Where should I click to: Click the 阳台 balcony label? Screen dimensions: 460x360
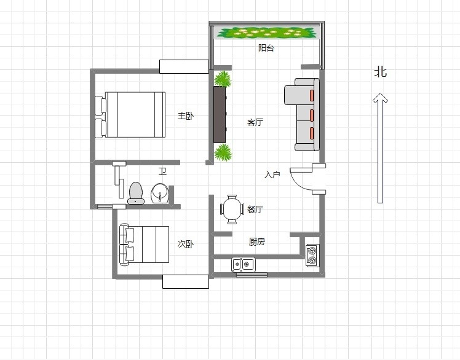click(x=266, y=48)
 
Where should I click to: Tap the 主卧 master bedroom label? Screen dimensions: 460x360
click(x=185, y=115)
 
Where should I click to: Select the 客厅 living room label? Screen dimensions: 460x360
click(x=255, y=122)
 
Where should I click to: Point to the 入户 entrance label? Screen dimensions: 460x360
click(x=272, y=174)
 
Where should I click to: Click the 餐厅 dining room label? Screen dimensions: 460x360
click(x=255, y=209)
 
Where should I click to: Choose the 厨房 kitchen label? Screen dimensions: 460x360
click(x=256, y=241)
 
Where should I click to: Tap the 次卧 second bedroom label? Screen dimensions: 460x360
click(x=185, y=244)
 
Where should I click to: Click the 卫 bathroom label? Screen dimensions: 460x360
click(x=163, y=171)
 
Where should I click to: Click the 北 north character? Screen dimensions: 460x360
click(x=381, y=72)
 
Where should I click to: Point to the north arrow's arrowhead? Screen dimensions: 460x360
click(x=380, y=97)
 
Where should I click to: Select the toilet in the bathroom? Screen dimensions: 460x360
click(x=136, y=193)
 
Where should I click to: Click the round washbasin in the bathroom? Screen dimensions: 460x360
click(x=160, y=194)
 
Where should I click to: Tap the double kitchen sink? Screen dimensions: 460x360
click(x=243, y=265)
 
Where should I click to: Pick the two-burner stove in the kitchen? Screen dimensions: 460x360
click(x=312, y=256)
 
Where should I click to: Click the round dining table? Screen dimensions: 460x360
click(x=232, y=209)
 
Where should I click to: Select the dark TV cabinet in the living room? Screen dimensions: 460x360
click(x=220, y=114)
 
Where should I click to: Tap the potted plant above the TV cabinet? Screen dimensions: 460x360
click(x=223, y=79)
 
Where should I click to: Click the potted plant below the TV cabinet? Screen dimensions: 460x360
click(x=223, y=152)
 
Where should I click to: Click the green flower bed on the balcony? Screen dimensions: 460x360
click(x=267, y=33)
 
